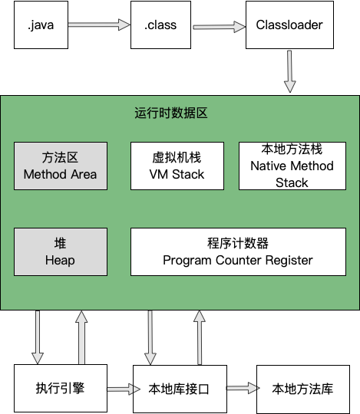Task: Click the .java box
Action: [x=40, y=25]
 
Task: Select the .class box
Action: [x=160, y=25]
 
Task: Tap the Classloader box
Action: [x=289, y=25]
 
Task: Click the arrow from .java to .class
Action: [x=99, y=25]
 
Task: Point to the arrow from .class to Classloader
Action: [x=219, y=26]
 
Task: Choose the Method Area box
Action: [x=60, y=166]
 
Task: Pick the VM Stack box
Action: [x=177, y=166]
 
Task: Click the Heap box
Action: [x=60, y=251]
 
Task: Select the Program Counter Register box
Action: [x=238, y=251]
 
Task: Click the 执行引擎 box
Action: [x=60, y=389]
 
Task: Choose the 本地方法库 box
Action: [x=302, y=389]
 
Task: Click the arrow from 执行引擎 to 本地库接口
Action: [x=119, y=389]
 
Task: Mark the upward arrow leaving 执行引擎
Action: [x=81, y=337]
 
